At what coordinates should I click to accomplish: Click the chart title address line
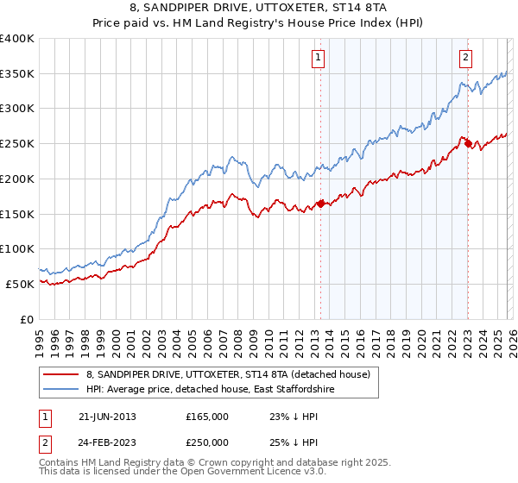point(259,9)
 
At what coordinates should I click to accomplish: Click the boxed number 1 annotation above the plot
point(319,58)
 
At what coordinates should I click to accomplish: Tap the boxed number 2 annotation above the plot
point(465,58)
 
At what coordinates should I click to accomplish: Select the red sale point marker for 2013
point(320,204)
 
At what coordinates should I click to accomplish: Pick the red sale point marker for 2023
point(468,144)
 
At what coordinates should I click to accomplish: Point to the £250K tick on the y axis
point(17,144)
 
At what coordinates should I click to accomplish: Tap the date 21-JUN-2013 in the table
point(107,416)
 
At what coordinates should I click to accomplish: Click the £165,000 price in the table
point(207,416)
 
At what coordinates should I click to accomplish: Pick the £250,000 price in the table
point(207,442)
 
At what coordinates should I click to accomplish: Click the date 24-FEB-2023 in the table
point(107,442)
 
